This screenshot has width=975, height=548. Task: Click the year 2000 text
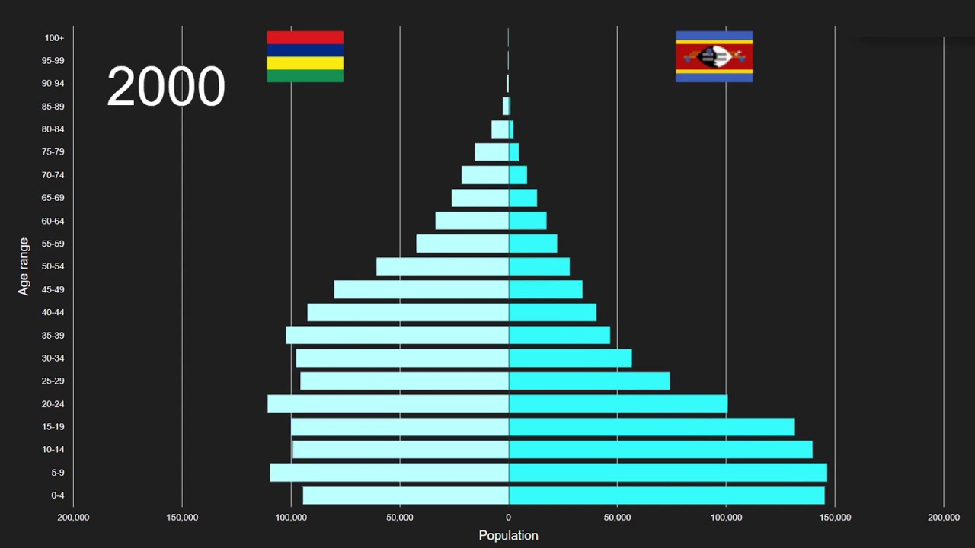coord(166,86)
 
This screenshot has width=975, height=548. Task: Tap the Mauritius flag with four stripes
coord(305,56)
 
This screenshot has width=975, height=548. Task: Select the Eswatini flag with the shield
coord(714,56)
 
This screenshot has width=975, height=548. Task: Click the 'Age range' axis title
coord(24,266)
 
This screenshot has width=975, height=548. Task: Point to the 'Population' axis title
coord(508,536)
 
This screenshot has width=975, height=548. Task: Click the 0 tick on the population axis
coord(508,518)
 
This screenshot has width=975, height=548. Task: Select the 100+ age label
coord(54,38)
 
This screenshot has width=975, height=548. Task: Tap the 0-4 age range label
coord(58,495)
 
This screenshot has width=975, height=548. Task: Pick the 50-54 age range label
coord(53,266)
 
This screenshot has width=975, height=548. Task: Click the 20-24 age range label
coord(53,404)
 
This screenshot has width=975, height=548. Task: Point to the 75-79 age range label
coord(53,152)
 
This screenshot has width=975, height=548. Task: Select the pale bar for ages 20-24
coord(388,403)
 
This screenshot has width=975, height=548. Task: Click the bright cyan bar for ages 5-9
coord(667,473)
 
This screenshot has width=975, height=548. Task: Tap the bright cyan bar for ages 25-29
coord(589,381)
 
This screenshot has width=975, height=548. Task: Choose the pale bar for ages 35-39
coord(397,335)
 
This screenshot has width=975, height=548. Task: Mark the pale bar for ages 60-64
coord(472,221)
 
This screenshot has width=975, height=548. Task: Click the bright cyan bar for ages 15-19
coord(651,427)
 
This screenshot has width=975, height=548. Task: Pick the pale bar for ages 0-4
coord(405,495)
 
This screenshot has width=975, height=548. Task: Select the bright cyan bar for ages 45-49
coord(545,289)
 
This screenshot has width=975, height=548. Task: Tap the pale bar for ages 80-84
coord(500,129)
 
